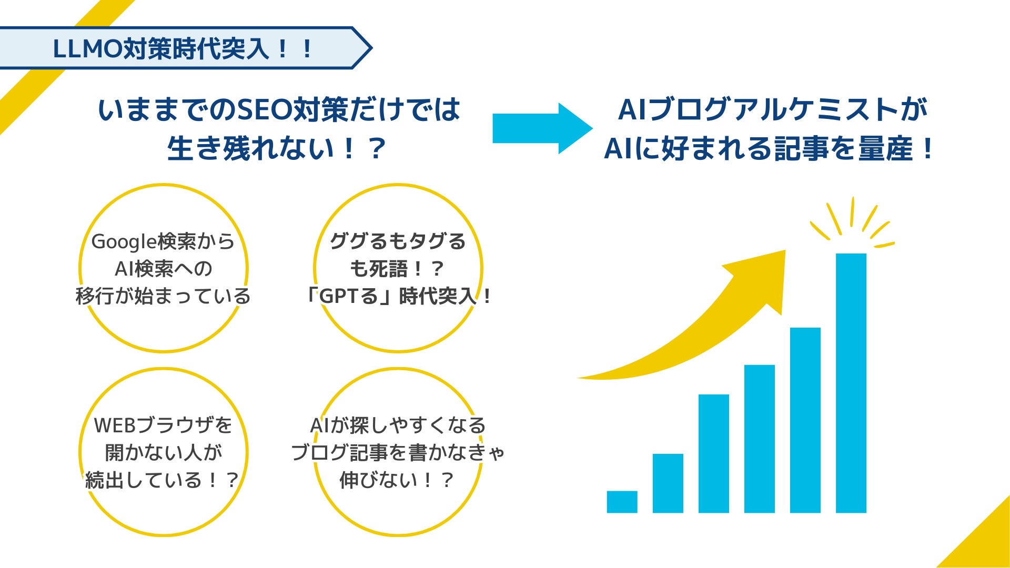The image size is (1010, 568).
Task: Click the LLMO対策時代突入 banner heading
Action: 183,49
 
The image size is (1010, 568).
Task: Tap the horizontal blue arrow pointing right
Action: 542,128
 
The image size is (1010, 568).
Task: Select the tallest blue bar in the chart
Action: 851,383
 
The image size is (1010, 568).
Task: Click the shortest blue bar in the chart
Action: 622,502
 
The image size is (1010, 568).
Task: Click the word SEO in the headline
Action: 265,109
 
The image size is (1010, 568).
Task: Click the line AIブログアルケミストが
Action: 772,109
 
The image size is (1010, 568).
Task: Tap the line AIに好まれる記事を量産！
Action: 768,149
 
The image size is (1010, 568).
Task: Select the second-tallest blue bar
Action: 805,420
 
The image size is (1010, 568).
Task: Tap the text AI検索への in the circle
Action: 164,269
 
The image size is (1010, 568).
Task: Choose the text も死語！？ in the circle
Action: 397,269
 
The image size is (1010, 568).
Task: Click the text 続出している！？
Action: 163,480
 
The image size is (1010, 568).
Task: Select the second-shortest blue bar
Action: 668,483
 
